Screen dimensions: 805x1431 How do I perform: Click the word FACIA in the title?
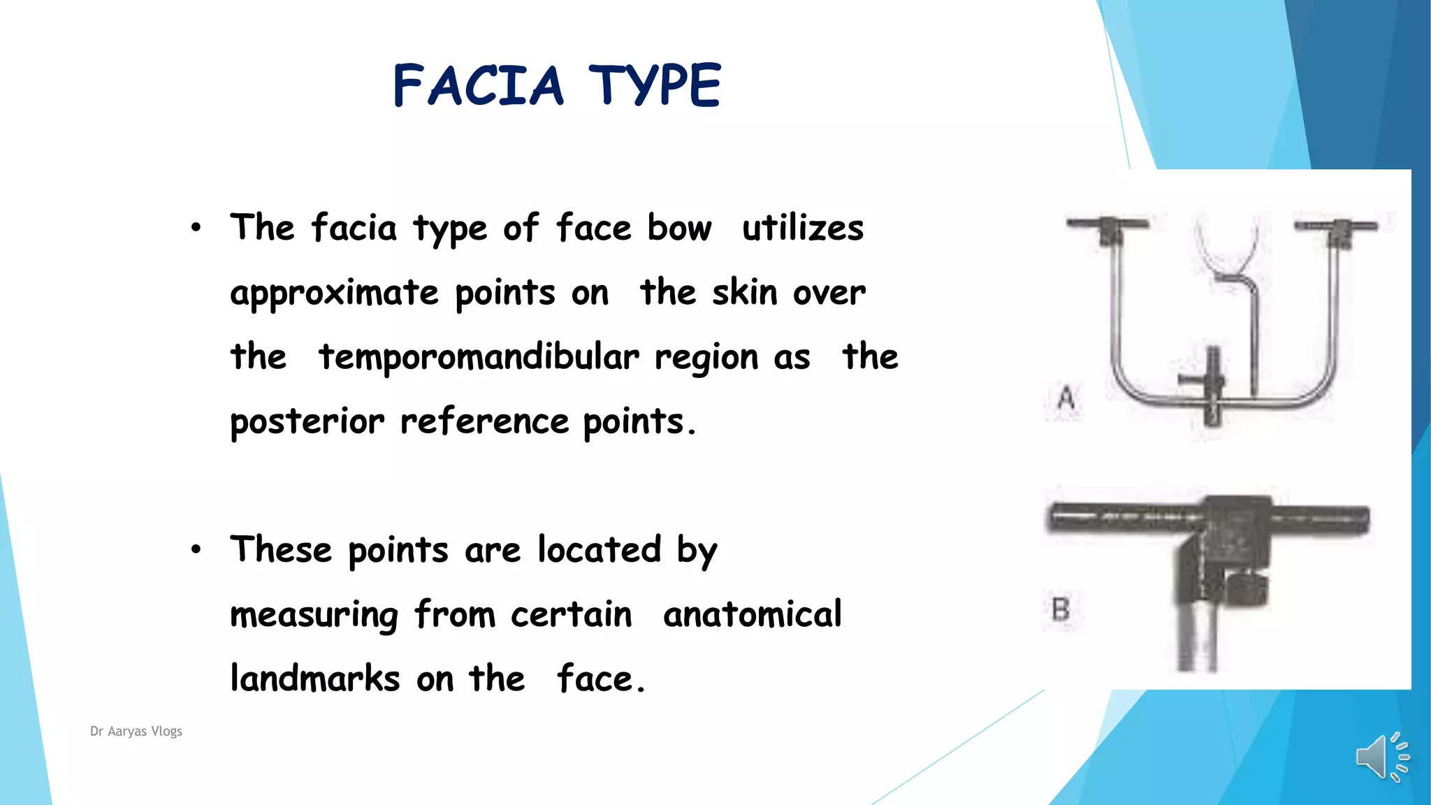(x=478, y=85)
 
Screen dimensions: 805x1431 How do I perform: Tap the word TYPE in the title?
(x=654, y=85)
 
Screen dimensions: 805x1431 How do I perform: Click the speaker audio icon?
(x=1381, y=757)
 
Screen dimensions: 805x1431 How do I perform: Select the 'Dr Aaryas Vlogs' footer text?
(x=136, y=731)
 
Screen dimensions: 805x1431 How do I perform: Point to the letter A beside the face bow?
(x=1066, y=398)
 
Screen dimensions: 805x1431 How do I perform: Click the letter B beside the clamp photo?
(x=1061, y=609)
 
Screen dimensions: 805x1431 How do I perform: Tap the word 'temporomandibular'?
(x=479, y=357)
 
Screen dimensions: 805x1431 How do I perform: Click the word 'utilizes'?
(x=803, y=228)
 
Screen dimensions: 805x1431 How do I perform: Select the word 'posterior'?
(x=307, y=421)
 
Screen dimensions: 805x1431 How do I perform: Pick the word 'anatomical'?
(x=753, y=614)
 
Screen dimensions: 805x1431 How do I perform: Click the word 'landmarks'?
(x=315, y=679)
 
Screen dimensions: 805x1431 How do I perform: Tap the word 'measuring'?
(x=314, y=616)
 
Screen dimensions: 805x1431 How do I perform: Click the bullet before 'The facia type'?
(x=196, y=227)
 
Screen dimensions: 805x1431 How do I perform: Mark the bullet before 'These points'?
(x=196, y=549)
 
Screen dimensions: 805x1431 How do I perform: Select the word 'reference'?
(x=484, y=421)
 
